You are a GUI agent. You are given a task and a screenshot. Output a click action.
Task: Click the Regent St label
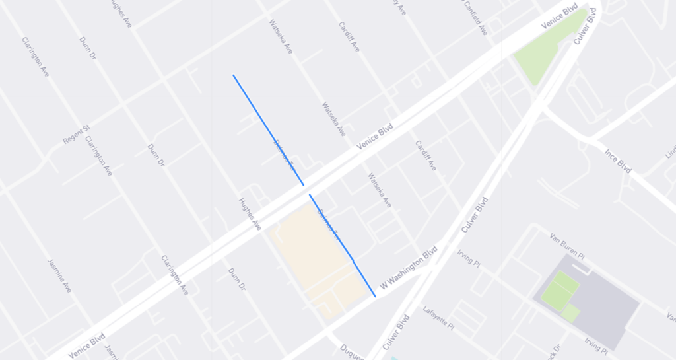76,135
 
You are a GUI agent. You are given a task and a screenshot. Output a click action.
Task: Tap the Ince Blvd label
619,161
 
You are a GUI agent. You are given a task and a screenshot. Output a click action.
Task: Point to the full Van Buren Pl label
569,242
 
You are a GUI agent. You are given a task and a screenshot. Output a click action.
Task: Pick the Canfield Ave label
475,18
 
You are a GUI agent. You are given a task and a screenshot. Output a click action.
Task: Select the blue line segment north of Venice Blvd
267,129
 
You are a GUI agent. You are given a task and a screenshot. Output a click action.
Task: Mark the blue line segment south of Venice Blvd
342,245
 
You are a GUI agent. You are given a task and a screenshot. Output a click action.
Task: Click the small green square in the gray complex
570,312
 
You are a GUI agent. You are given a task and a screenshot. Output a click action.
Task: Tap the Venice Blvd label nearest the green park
559,18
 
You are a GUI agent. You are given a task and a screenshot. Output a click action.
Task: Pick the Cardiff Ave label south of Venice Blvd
425,156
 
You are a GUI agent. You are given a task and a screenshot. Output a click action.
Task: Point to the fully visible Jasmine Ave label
59,275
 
